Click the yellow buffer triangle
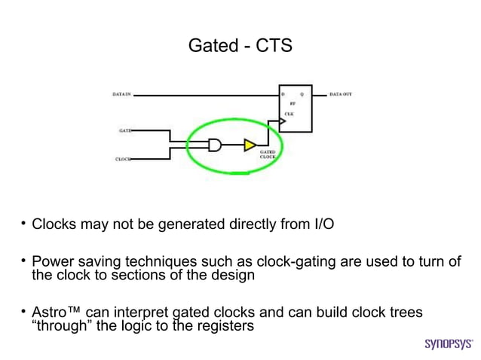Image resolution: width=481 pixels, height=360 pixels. click(250, 145)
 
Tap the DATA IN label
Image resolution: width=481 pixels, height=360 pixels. click(122, 95)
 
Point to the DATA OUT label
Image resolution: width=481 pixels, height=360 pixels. click(341, 95)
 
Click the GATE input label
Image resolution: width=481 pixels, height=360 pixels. click(124, 130)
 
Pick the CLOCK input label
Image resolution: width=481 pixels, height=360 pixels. click(123, 159)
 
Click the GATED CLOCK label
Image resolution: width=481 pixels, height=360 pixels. click(268, 154)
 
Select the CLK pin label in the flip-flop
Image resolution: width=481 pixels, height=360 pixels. click(289, 113)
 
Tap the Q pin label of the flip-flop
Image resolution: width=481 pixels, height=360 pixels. click(302, 95)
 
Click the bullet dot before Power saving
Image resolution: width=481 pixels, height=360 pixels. click(23, 261)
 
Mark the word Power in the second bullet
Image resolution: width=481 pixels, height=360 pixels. click(50, 261)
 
